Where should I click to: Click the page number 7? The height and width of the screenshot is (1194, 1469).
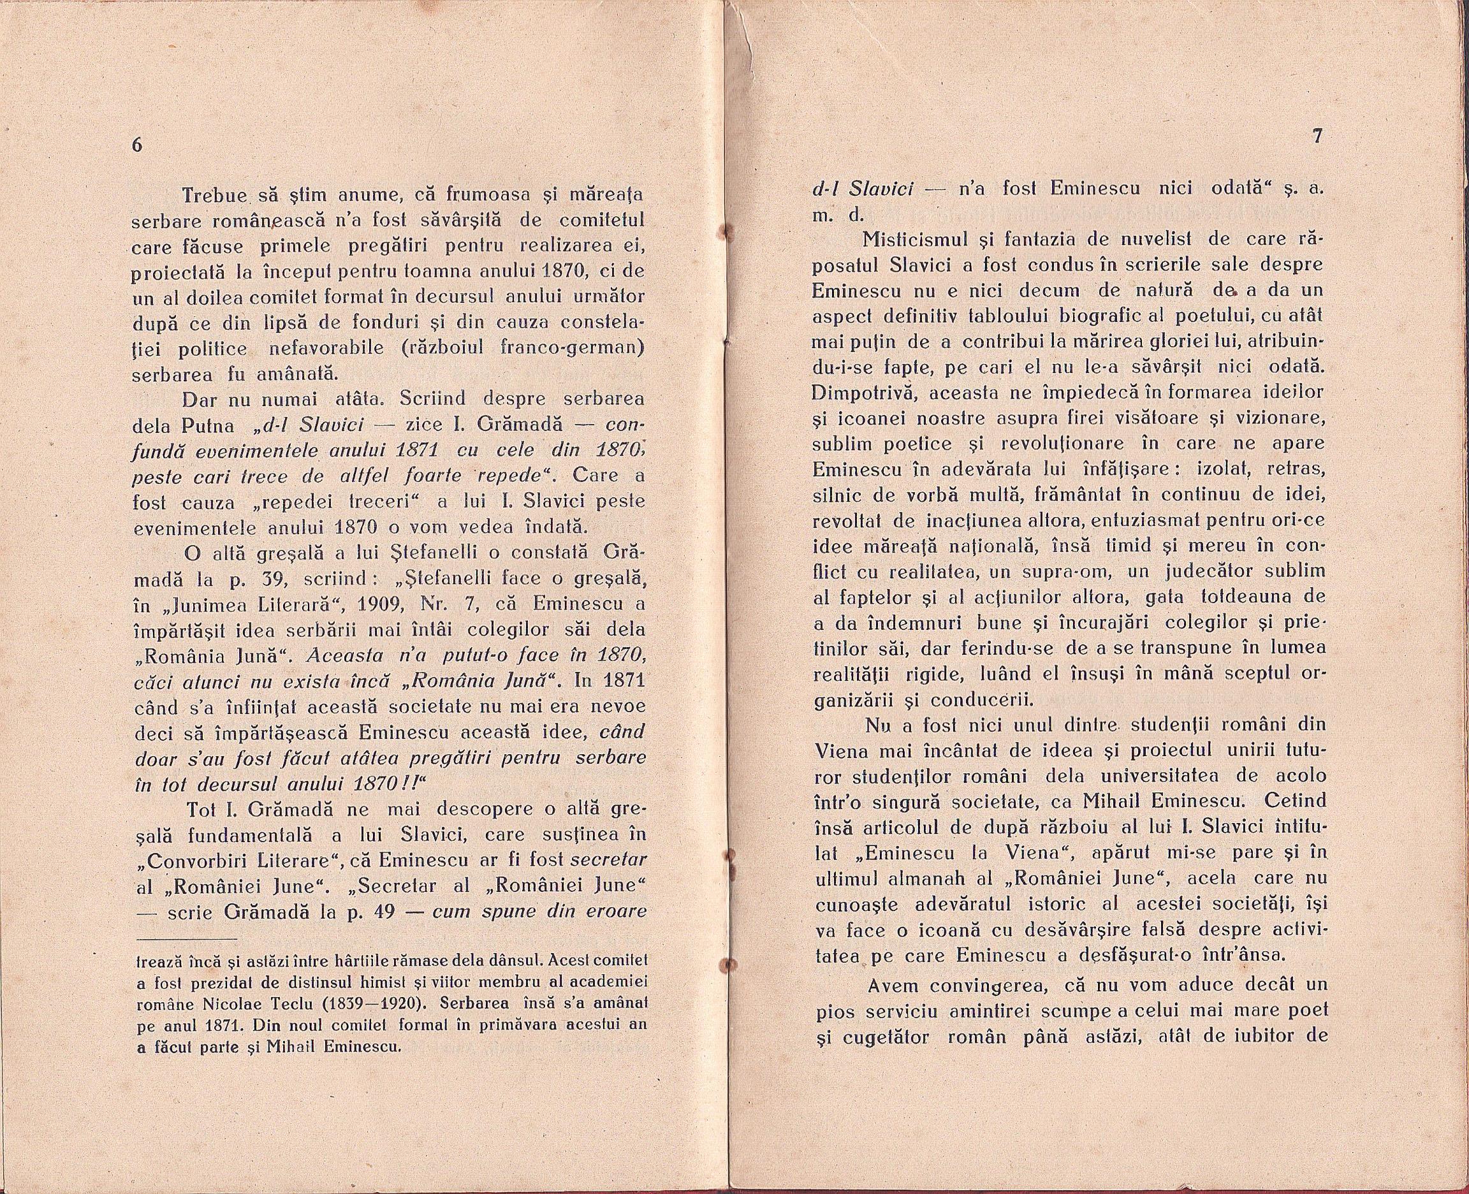[1317, 137]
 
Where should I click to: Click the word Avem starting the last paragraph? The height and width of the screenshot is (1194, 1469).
[893, 987]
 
